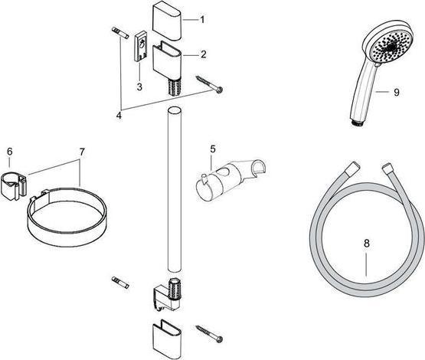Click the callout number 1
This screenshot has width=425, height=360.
(203, 18)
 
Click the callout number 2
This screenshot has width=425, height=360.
(203, 54)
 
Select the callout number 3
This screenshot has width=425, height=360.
(140, 87)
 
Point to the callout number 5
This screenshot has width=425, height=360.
(213, 148)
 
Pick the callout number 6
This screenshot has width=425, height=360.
(8, 152)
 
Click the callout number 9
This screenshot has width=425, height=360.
(397, 93)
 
